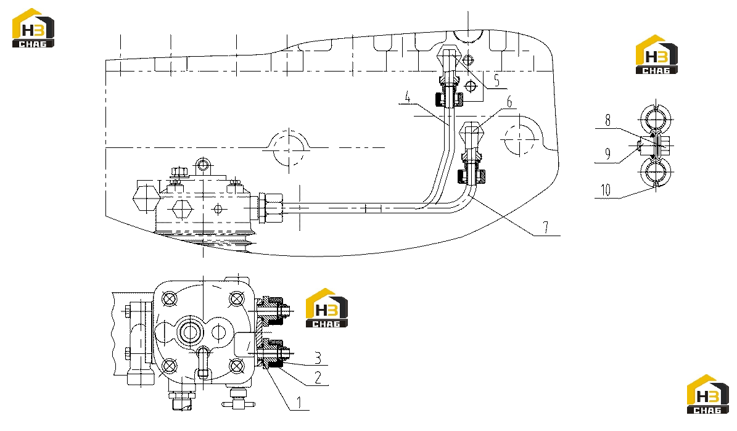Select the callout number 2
click(x=318, y=377)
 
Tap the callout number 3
click(x=318, y=358)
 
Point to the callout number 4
click(x=408, y=97)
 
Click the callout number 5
click(x=496, y=80)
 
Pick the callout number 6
click(x=509, y=101)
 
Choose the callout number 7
click(x=545, y=228)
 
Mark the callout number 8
click(x=607, y=120)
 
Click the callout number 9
click(x=607, y=154)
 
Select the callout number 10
click(x=606, y=190)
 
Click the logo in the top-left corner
click(x=33, y=28)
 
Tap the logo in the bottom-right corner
click(x=708, y=394)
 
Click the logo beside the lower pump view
click(x=327, y=308)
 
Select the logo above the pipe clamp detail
click(x=657, y=54)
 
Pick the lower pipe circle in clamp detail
click(x=656, y=173)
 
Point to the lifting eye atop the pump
click(x=202, y=165)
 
